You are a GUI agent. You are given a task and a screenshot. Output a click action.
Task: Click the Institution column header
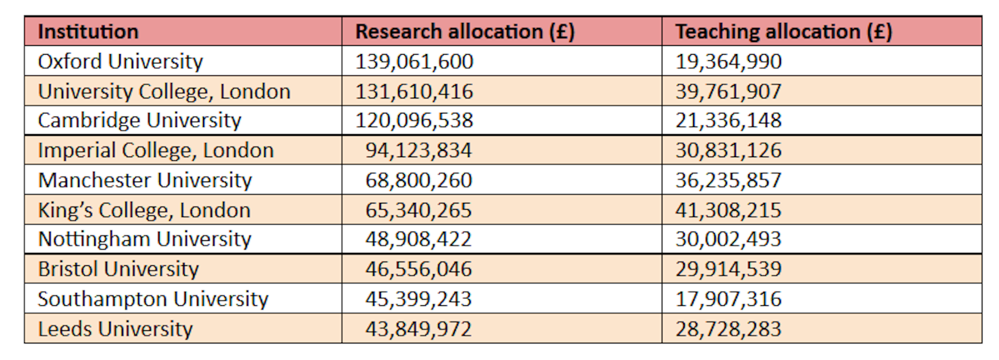tap(88, 32)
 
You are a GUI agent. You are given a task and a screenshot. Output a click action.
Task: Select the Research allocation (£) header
tap(465, 32)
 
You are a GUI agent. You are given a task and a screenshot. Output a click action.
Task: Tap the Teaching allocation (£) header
tap(783, 32)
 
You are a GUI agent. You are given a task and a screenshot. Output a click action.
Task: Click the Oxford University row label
tap(120, 61)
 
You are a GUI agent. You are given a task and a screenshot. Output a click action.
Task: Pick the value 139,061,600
tap(414, 61)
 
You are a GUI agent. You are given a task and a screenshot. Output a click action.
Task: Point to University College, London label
tap(164, 92)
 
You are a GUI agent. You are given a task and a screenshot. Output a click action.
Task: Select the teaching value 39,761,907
tap(728, 92)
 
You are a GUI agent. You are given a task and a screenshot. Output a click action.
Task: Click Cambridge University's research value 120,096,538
tap(414, 121)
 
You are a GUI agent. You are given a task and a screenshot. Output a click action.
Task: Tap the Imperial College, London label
tap(156, 150)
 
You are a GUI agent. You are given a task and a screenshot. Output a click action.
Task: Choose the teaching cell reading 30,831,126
tap(728, 150)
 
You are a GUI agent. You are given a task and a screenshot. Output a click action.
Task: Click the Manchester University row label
tap(145, 181)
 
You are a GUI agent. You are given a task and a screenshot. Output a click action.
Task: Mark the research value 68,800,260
tap(418, 181)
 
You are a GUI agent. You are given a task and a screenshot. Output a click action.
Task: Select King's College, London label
tap(144, 210)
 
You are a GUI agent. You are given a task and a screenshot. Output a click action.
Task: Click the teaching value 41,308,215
tap(728, 210)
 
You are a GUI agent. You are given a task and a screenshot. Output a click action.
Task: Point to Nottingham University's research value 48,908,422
tap(418, 239)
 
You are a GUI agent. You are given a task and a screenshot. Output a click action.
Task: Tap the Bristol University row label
tap(118, 269)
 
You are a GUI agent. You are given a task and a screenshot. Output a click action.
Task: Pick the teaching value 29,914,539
tap(728, 269)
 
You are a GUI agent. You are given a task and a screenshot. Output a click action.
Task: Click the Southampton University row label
tap(152, 299)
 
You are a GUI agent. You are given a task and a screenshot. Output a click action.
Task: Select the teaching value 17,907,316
tap(728, 299)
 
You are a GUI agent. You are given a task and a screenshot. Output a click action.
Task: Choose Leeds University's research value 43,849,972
tap(418, 329)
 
